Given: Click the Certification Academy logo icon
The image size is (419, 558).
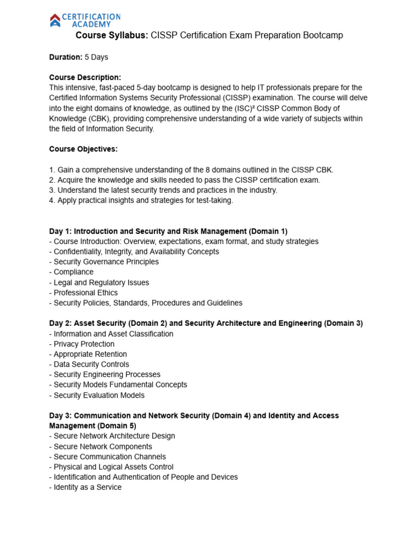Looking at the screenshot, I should pos(55,21).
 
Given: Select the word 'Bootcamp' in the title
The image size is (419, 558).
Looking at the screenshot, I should pos(322,35).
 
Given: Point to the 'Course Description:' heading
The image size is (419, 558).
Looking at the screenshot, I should pos(85,77).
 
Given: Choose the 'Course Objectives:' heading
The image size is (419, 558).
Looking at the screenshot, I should pos(83,149).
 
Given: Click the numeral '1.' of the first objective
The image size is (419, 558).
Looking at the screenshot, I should pos(52,170).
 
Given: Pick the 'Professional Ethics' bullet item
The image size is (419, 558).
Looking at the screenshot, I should pos(85,293).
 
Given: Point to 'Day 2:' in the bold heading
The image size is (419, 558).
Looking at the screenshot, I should pos(61,323).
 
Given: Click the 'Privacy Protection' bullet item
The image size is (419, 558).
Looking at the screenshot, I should pos(83,344).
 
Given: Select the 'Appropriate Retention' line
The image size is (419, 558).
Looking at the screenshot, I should pos(90,354).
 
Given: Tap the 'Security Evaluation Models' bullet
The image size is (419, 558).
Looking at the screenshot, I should pos(99,395).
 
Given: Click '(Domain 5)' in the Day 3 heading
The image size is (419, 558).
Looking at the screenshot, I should pos(116,426).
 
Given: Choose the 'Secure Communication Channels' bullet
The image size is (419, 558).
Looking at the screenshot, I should pos(109,457).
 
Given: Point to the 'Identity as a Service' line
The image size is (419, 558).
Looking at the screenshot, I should pos(87,487).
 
